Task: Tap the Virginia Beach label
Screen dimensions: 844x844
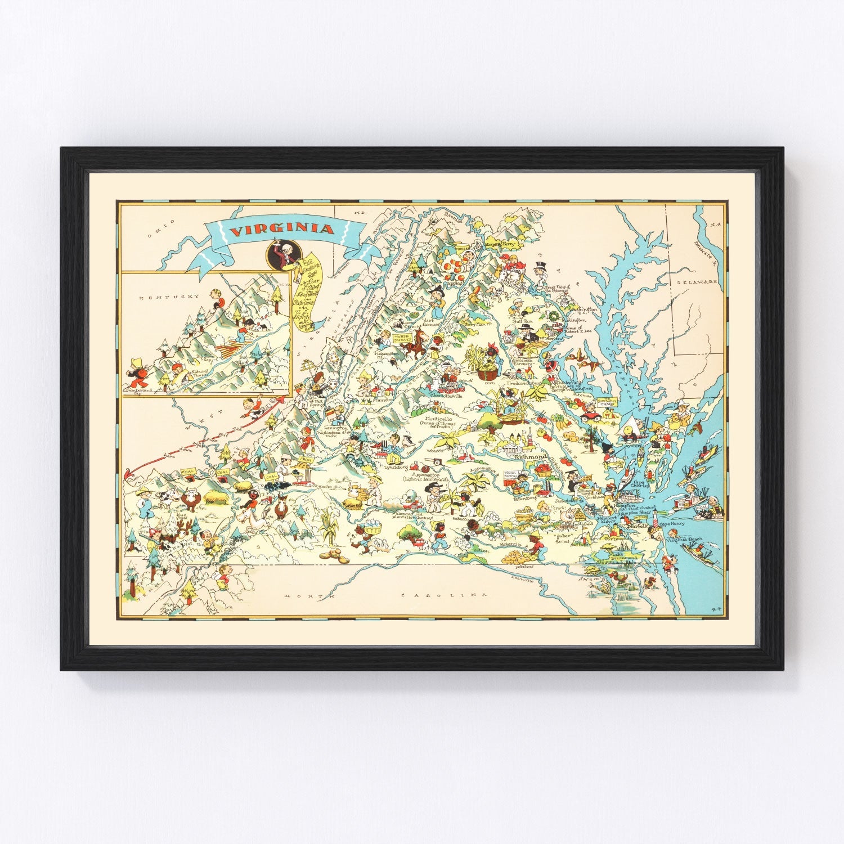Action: [x=684, y=540]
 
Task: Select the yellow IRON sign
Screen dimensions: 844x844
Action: [x=306, y=460]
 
